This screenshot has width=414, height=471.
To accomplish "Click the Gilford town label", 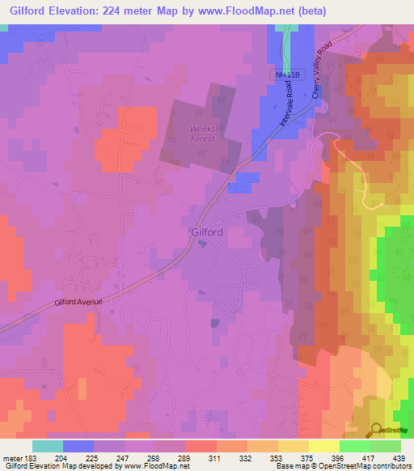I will click(x=207, y=231).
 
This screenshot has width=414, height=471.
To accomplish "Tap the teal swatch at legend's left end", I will click(x=48, y=446).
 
